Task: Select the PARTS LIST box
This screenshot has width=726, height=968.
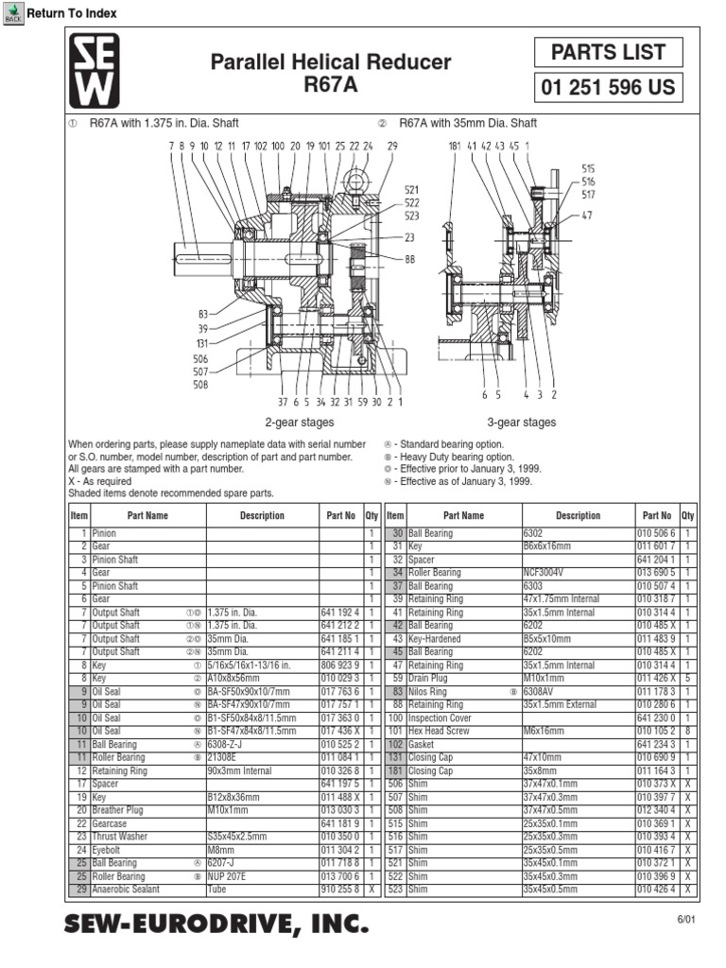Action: pos(608,52)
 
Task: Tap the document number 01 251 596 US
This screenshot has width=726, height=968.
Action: pos(608,88)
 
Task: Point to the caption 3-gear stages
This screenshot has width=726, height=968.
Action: pos(523,423)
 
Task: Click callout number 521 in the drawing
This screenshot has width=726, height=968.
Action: pos(412,190)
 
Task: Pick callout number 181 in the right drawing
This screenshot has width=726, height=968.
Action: pos(454,146)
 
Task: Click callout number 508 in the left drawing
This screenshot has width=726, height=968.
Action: pos(200,385)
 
